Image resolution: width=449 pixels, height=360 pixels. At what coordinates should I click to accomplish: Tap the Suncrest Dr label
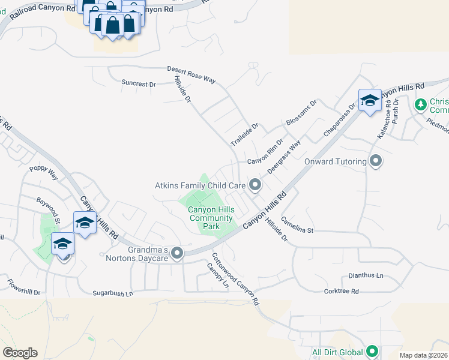click(x=138, y=84)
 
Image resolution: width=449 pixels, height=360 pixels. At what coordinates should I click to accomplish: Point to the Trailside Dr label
click(x=244, y=136)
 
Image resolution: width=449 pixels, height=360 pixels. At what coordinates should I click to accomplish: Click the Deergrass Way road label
click(x=283, y=157)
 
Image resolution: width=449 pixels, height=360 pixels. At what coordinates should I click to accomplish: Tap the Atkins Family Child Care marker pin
click(x=255, y=185)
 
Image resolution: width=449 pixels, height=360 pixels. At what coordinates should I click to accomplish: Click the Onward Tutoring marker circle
click(x=376, y=161)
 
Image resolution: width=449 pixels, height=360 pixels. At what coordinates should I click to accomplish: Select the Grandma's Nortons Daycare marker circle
click(x=177, y=254)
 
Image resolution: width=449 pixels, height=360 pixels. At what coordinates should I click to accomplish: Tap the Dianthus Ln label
click(x=366, y=276)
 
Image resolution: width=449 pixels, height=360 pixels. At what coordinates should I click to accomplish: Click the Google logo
click(x=19, y=352)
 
